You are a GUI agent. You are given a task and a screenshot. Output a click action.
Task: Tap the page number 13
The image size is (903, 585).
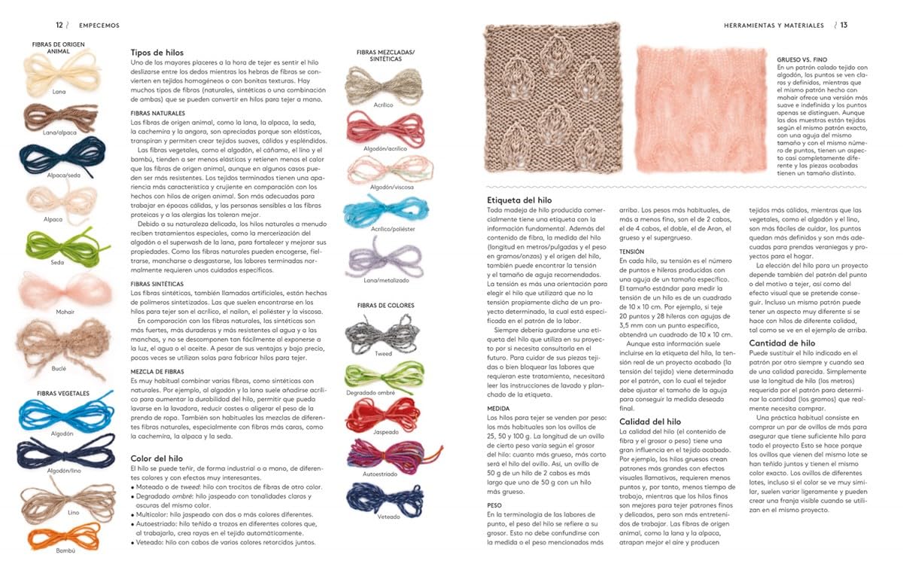(x=844, y=25)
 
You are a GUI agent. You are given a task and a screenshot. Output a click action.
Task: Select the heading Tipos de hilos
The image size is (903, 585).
(x=157, y=51)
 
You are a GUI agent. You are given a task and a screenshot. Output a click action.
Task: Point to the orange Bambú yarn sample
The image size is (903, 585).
(x=57, y=537)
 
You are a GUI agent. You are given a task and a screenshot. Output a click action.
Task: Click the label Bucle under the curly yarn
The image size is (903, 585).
(x=59, y=369)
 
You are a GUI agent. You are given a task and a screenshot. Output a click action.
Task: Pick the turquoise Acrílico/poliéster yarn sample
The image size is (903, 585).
(x=379, y=215)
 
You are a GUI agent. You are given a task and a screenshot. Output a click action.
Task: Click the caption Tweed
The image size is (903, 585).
(x=383, y=353)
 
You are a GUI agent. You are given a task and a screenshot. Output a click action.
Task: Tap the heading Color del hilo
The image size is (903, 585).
(x=157, y=458)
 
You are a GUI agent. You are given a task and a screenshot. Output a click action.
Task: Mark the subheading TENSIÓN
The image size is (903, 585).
(x=631, y=251)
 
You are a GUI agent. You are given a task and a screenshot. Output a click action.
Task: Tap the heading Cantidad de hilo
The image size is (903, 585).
(x=782, y=343)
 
